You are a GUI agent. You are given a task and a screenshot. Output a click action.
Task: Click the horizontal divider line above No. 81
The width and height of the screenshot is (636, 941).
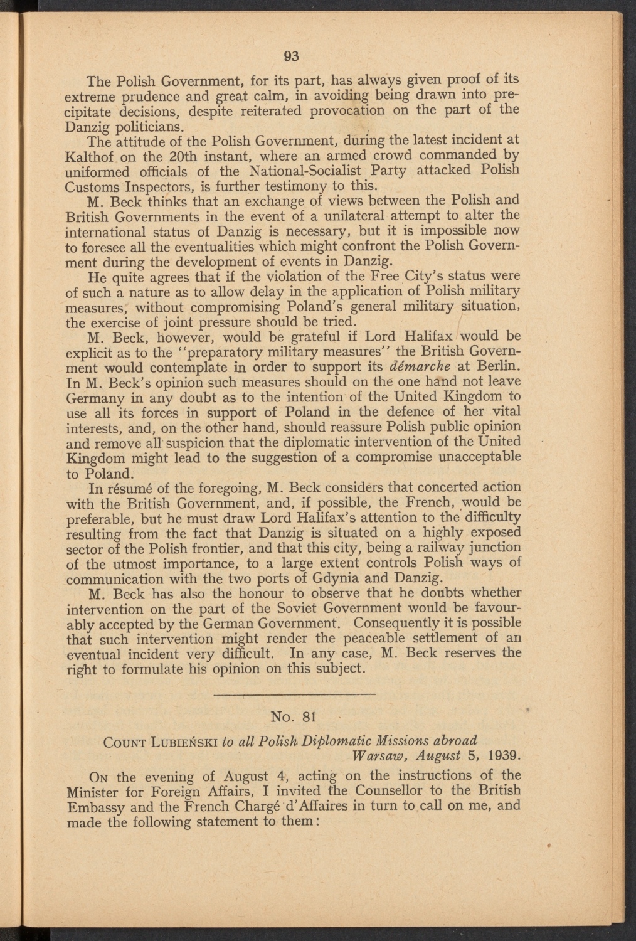(x=294, y=694)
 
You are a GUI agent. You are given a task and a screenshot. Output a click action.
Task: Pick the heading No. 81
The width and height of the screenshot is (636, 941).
(x=294, y=716)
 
